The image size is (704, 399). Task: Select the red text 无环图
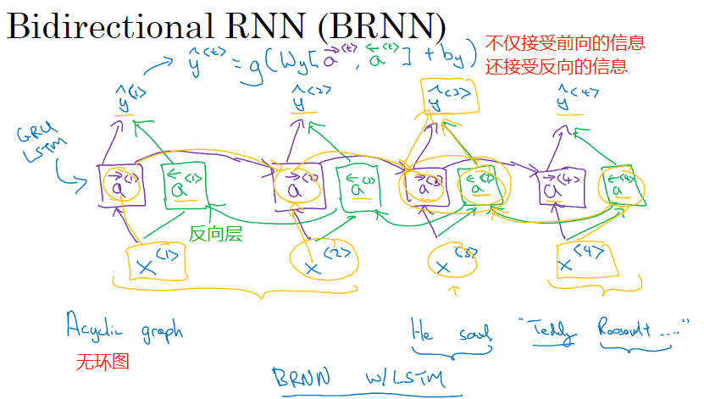coord(103,362)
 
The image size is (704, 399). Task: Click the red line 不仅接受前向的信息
coord(565,42)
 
